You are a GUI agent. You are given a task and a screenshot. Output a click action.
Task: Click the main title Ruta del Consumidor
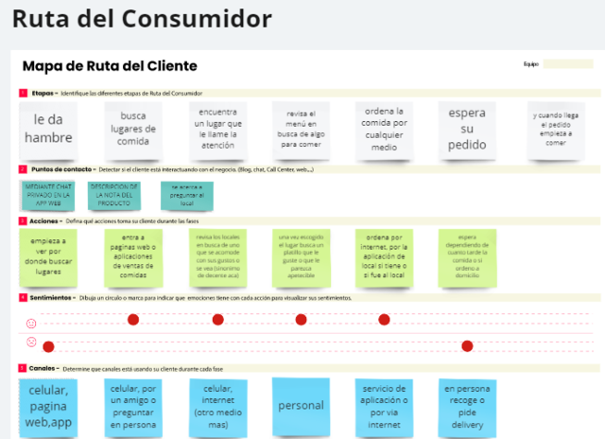tap(142, 19)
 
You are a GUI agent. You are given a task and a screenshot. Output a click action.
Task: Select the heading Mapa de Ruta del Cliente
tap(110, 66)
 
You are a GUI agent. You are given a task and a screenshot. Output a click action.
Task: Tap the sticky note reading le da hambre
tap(47, 129)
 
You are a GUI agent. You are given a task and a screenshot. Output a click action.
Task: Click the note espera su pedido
tap(467, 129)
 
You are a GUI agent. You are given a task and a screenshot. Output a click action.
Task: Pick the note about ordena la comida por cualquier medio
tap(384, 129)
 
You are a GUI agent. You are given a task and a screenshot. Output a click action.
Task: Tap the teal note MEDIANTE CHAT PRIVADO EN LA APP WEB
tap(47, 194)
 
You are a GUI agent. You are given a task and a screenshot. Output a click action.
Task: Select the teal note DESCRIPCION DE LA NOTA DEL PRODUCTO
tap(114, 194)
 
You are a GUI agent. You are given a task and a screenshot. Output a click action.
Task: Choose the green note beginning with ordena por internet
tap(384, 255)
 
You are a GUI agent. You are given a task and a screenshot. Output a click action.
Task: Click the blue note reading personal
tap(301, 405)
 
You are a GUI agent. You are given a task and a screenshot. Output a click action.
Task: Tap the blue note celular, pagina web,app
tap(47, 405)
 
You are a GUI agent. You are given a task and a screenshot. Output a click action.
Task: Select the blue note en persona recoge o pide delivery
tap(467, 405)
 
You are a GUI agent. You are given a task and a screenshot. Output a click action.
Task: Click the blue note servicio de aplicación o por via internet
tap(384, 405)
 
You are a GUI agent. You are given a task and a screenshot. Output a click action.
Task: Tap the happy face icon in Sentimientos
tap(31, 324)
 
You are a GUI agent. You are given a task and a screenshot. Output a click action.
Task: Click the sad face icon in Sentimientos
tap(31, 342)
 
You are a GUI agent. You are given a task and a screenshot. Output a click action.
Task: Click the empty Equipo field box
tap(568, 64)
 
